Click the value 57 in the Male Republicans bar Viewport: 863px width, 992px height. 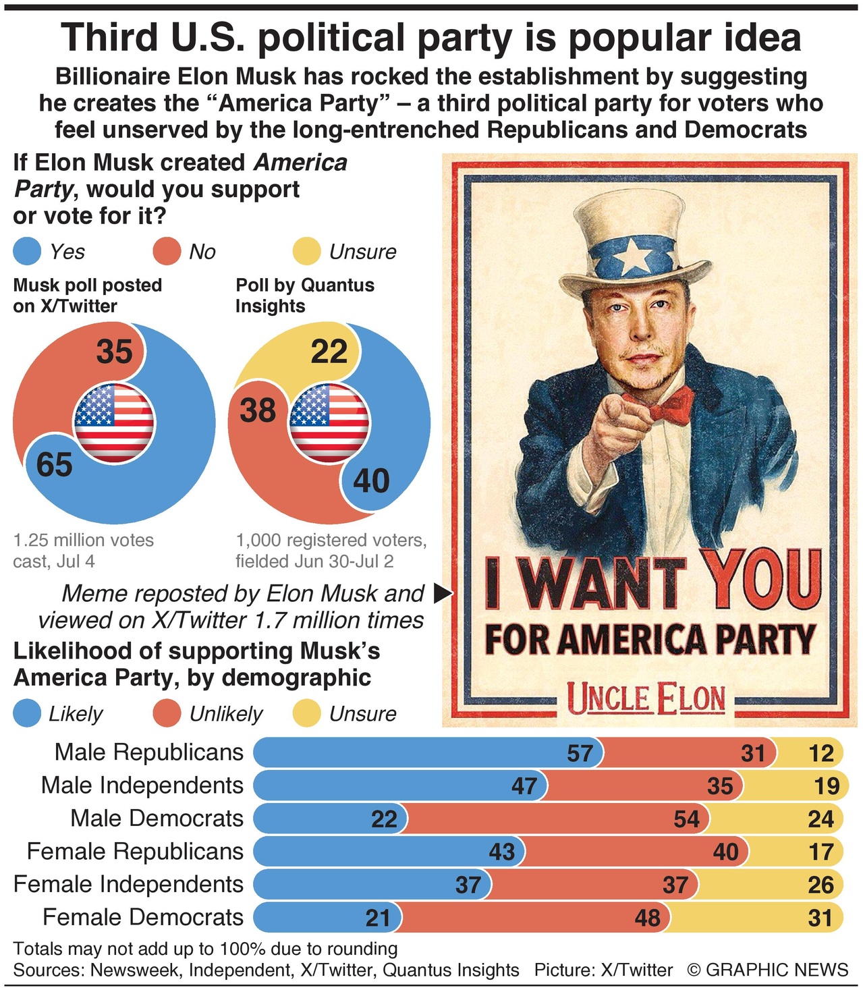(580, 753)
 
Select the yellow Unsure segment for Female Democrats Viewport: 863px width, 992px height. (756, 918)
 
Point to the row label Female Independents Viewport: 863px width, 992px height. (128, 885)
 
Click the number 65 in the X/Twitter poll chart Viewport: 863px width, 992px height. (55, 465)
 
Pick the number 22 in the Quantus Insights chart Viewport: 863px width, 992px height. (329, 352)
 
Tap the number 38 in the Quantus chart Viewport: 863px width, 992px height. (258, 411)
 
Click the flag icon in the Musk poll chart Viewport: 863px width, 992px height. (114, 423)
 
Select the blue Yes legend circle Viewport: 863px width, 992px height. (28, 252)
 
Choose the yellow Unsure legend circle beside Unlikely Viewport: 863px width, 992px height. (307, 714)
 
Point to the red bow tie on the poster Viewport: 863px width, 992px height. (670, 405)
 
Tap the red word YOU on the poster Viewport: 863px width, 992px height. (762, 579)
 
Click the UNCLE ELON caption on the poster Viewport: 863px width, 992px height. (646, 699)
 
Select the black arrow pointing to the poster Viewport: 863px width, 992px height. (442, 594)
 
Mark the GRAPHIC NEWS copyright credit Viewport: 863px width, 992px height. (768, 970)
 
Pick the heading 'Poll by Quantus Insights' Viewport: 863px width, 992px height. (305, 296)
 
